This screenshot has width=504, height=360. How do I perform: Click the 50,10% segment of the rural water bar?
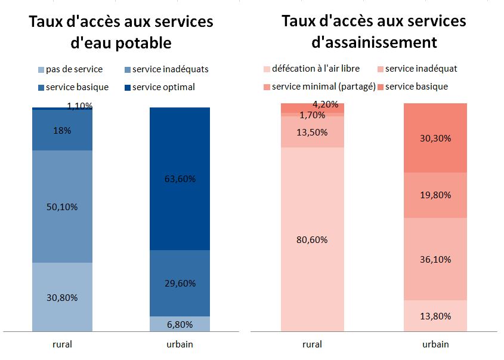click(63, 206)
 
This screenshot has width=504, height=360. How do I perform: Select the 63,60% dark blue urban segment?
click(180, 179)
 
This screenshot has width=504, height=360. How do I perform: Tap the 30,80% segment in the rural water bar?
click(63, 297)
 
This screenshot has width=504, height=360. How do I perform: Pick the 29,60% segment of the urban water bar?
click(180, 283)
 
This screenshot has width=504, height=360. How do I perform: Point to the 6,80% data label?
click(180, 325)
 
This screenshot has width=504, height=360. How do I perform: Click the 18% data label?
click(63, 130)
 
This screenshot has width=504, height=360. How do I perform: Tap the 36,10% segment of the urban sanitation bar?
click(434, 259)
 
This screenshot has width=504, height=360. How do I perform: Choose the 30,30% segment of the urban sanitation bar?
click(434, 138)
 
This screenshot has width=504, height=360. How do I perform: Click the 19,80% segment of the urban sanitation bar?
click(434, 195)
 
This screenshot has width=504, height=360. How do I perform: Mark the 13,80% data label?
click(434, 316)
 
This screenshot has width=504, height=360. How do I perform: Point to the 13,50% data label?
click(311, 132)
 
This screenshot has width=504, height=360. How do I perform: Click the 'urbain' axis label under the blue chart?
click(180, 344)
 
